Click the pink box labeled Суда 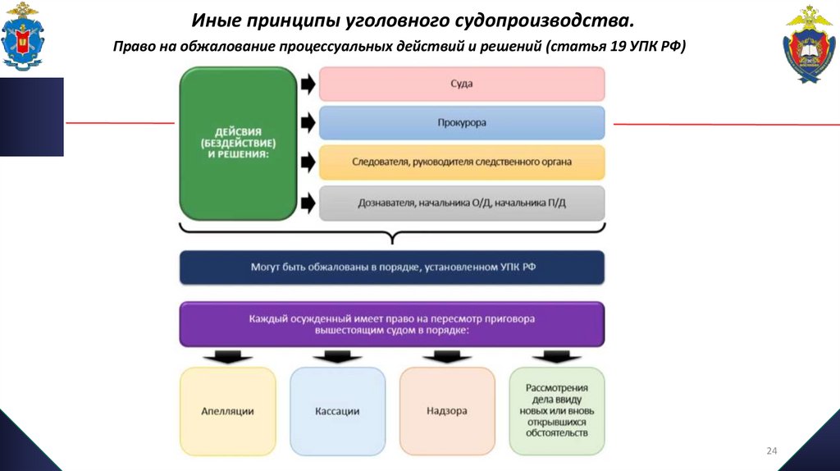462,84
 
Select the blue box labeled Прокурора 462,123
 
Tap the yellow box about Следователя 462,162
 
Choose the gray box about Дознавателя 462,203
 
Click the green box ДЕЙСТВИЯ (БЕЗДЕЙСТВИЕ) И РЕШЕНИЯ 237,144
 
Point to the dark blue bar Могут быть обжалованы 392,268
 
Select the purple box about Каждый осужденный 392,323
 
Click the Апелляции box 227,411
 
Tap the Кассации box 337,411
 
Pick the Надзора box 447,411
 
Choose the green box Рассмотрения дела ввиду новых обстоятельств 557,411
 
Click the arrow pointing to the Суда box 308,84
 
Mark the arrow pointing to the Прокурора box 308,123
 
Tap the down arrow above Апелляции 227,357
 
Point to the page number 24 771,450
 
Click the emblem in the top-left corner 24,36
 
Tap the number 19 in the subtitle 619,47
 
